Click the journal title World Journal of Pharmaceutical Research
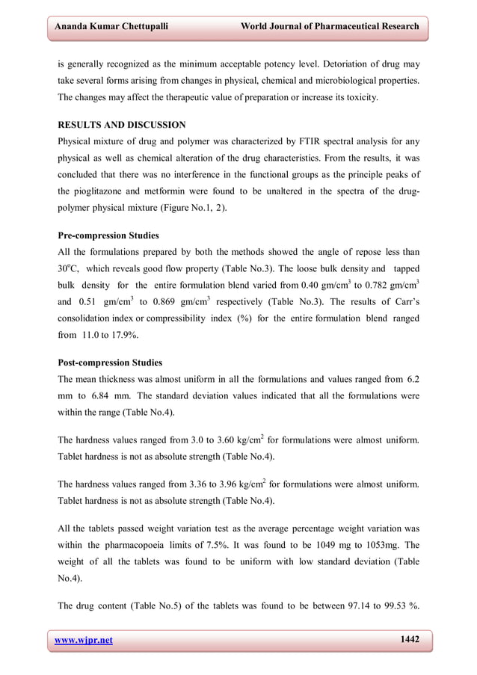tap(329, 27)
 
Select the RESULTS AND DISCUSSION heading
tap(122, 125)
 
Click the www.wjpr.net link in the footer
tap(84, 640)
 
